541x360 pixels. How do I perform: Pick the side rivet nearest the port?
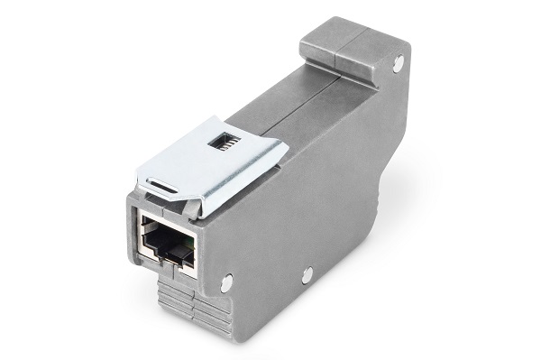[225, 282]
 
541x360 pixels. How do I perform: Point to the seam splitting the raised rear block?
[335, 50]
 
